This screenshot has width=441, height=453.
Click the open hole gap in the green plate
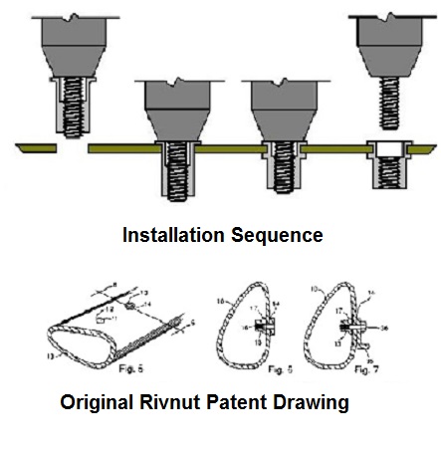72,148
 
